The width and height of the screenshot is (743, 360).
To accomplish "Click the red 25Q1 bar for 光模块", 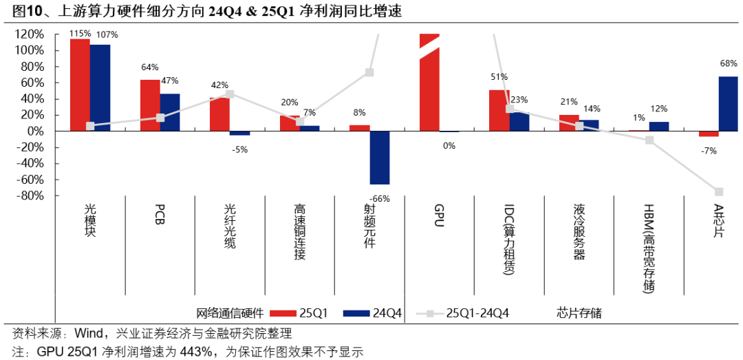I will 80,85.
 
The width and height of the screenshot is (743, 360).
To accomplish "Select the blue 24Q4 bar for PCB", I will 170,112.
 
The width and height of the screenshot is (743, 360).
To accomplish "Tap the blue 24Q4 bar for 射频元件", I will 380,158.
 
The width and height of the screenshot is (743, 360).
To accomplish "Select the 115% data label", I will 80,33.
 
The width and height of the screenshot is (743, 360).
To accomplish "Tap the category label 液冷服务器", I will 579,231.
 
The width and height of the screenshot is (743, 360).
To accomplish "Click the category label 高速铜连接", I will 300,231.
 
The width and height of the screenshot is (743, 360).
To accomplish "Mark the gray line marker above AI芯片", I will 719,191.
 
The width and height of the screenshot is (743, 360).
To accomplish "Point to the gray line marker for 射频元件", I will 369,72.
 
